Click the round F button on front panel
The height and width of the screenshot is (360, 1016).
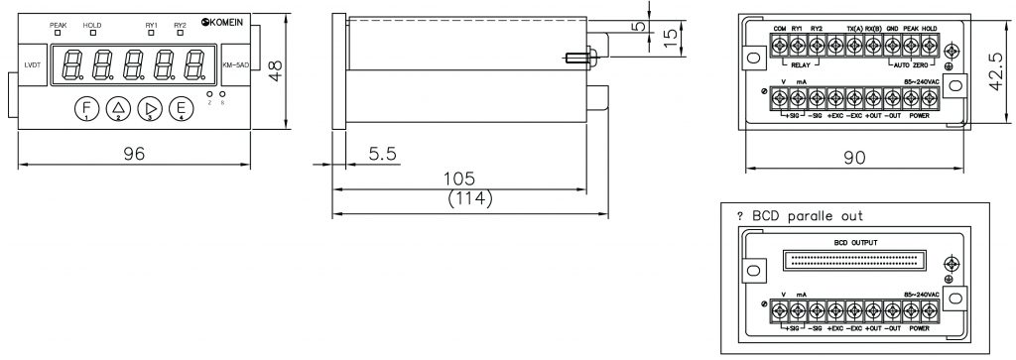86,108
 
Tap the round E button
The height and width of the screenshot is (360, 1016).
180,108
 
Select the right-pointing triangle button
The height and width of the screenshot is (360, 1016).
149,108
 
